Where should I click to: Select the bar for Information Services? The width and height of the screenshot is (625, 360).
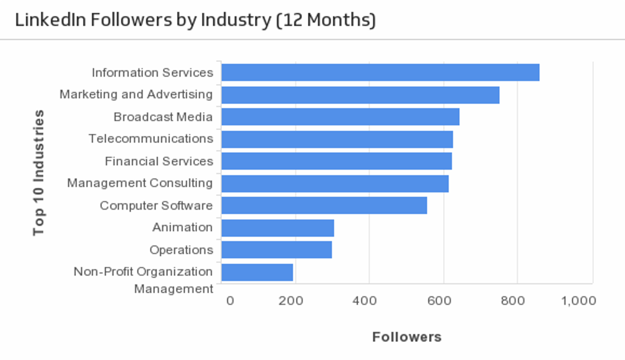tap(380, 72)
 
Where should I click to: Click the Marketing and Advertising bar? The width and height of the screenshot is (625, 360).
tap(360, 95)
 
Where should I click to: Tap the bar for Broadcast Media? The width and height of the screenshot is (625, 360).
tap(340, 117)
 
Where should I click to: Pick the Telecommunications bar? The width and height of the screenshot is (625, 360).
tap(337, 139)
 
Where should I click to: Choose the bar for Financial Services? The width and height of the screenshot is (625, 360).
tap(336, 161)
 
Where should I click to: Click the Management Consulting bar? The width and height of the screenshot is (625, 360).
tap(335, 184)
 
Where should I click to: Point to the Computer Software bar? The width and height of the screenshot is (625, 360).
tap(324, 205)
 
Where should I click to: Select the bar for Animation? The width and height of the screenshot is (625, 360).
tap(277, 228)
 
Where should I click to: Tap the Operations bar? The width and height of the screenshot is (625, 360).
tap(276, 250)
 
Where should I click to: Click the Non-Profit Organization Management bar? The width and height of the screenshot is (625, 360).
tap(257, 272)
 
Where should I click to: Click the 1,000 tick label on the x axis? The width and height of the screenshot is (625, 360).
tap(579, 301)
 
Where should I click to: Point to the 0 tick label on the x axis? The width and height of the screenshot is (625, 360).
tap(230, 301)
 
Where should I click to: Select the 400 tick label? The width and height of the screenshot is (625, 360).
tap(365, 301)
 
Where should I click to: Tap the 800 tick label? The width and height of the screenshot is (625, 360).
tap(513, 301)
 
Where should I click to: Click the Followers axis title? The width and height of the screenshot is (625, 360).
tap(407, 337)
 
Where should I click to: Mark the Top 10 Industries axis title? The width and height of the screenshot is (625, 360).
tap(39, 173)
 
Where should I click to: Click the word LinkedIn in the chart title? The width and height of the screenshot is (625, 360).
tap(50, 20)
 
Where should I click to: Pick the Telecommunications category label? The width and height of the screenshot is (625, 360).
tap(151, 139)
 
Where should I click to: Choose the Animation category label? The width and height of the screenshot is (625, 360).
tap(182, 227)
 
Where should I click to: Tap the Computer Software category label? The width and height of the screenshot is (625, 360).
tap(156, 206)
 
